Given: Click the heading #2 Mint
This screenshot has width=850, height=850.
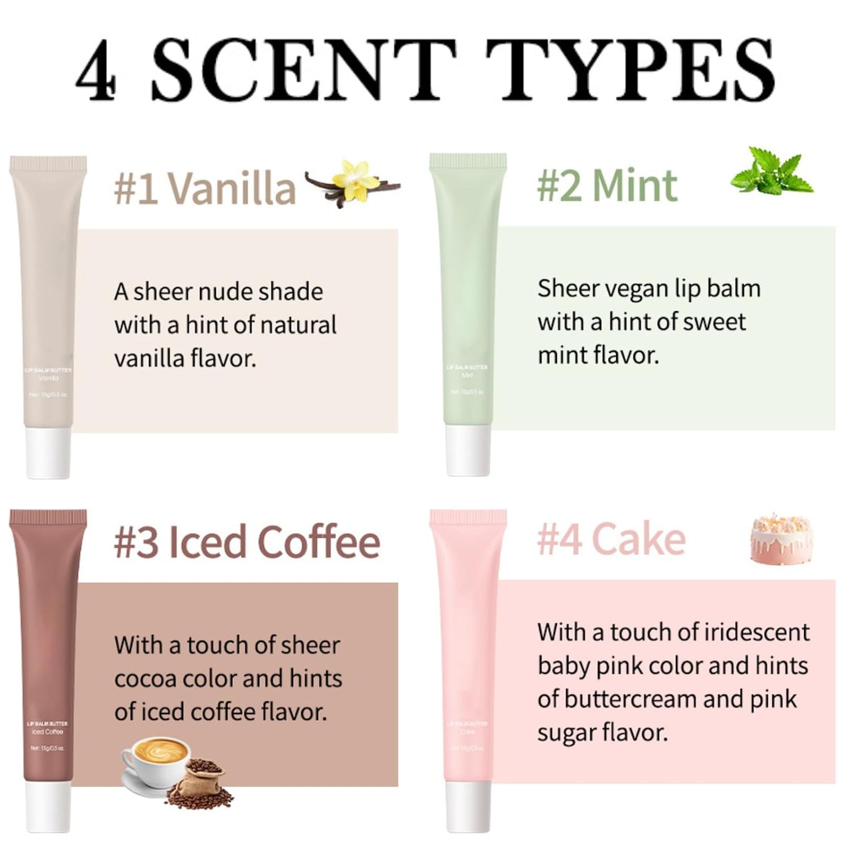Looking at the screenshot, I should (x=607, y=186).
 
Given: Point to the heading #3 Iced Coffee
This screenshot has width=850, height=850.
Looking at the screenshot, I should (x=247, y=542).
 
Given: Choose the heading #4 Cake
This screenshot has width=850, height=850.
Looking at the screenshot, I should (x=612, y=539).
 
